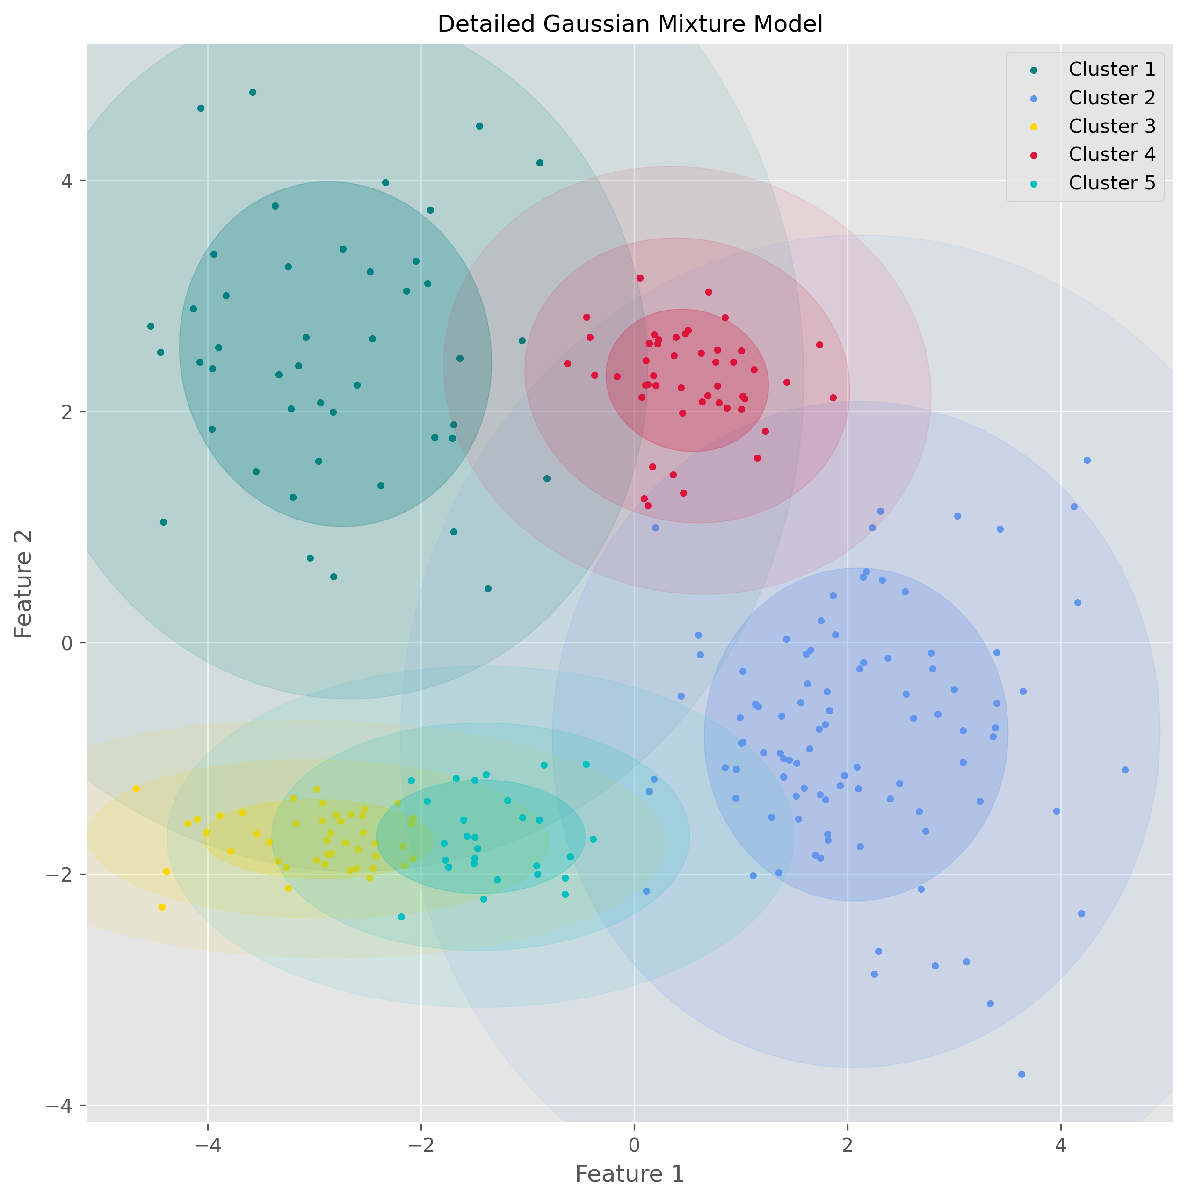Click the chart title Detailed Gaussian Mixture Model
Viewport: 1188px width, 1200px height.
point(630,24)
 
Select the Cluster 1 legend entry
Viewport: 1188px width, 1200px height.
point(1111,69)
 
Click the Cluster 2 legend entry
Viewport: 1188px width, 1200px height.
point(1111,98)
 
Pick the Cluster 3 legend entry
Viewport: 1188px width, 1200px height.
point(1111,126)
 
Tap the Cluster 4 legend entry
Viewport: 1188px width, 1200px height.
point(1111,154)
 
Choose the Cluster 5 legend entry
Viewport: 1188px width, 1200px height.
point(1111,182)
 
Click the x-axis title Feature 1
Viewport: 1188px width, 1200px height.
point(630,1174)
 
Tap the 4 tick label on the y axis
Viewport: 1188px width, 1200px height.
point(65,181)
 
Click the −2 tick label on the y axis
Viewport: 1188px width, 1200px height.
point(60,875)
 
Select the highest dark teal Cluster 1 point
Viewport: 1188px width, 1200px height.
point(252,93)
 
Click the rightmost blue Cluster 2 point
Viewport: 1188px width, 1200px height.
point(1124,770)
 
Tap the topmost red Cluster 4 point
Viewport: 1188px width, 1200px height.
point(640,278)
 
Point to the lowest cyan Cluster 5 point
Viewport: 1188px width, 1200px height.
point(401,917)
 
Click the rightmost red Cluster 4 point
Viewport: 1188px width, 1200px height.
point(833,398)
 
